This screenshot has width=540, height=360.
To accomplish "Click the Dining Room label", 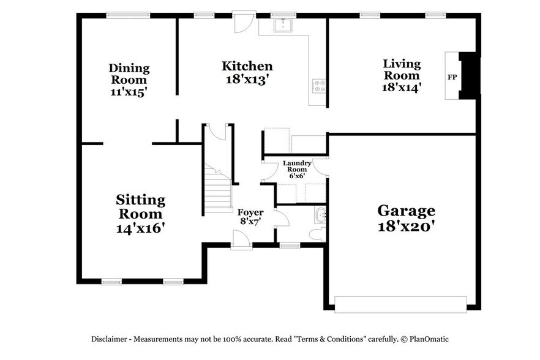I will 129,74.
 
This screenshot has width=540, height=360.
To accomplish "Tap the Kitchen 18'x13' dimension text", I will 247,80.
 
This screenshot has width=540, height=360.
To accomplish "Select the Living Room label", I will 402,69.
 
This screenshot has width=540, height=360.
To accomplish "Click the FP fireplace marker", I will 452,77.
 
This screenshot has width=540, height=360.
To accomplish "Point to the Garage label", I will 406,211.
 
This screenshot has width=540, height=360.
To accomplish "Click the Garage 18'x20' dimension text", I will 406,225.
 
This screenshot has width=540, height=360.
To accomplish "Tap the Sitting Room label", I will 140,207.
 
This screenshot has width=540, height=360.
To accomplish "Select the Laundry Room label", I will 297,166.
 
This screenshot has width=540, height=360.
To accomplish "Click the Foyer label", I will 250,212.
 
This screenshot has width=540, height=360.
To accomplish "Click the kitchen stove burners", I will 318,86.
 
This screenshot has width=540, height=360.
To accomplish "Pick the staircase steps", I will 217,190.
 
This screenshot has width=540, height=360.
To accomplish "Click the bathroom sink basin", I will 321,214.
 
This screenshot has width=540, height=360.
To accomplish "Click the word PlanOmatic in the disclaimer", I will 429,339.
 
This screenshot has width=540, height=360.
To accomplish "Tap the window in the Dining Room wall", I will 128,15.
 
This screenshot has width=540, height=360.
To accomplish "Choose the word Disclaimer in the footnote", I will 110,339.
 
